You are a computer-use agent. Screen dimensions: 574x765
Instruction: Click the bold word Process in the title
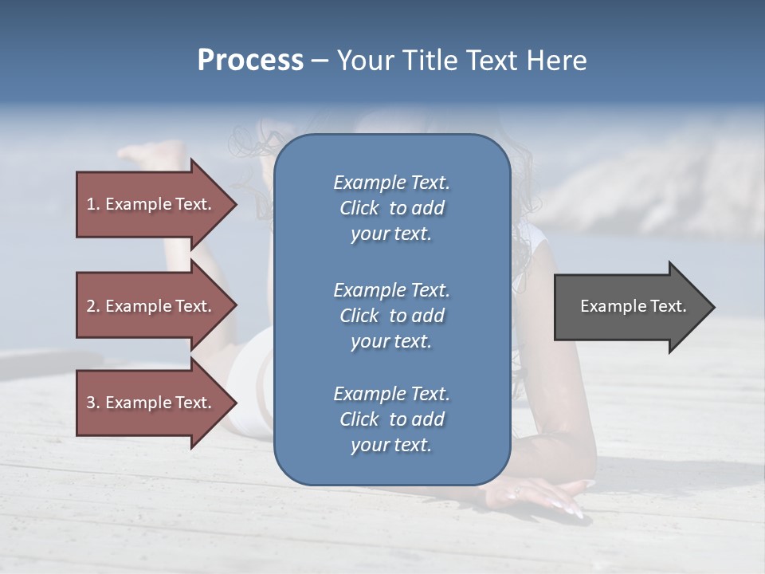250,61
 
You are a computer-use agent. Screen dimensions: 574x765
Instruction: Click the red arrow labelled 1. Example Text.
151,204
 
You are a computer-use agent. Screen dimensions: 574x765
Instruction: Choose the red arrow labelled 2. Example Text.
151,306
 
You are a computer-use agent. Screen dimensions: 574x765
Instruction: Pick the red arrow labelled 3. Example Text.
151,403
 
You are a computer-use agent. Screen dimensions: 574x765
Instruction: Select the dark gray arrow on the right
630,306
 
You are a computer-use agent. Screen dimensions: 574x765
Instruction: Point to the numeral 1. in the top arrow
92,204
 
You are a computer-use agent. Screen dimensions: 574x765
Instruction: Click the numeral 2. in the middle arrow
92,306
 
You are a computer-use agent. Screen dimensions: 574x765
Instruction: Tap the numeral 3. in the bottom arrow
92,403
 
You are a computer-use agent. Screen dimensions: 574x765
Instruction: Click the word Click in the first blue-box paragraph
359,208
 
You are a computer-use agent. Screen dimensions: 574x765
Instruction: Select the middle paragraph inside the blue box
391,316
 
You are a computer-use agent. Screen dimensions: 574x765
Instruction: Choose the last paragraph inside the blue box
391,419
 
